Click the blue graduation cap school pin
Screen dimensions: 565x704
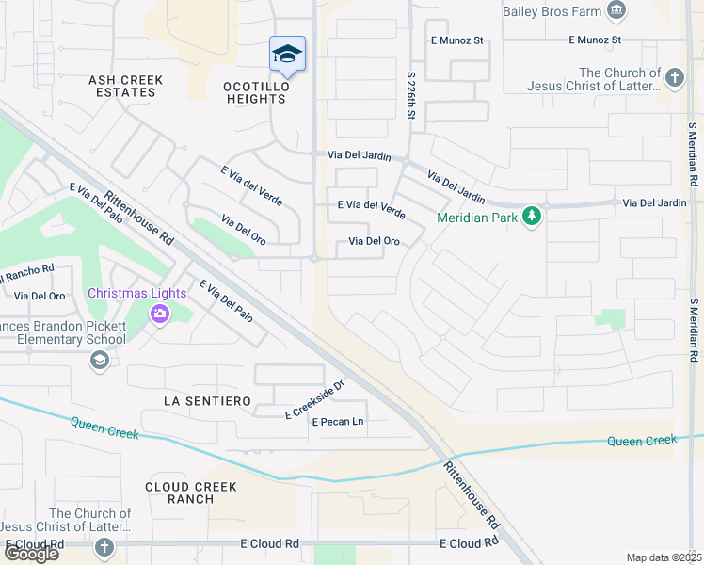pyautogui.click(x=287, y=54)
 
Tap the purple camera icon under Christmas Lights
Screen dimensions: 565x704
pyautogui.click(x=159, y=313)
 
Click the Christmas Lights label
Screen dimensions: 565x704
pyautogui.click(x=136, y=293)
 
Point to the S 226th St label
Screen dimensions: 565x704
pyautogui.click(x=411, y=93)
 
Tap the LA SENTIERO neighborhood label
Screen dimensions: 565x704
pyautogui.click(x=207, y=401)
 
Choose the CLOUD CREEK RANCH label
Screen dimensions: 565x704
pyautogui.click(x=191, y=492)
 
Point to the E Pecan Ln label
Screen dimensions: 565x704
pyautogui.click(x=337, y=422)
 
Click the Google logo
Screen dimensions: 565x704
pyautogui.click(x=31, y=554)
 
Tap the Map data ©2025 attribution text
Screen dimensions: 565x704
pyautogui.click(x=664, y=557)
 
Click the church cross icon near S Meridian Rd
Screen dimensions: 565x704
pyautogui.click(x=674, y=78)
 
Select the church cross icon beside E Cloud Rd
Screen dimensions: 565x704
pyautogui.click(x=104, y=547)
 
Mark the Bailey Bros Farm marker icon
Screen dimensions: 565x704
pyautogui.click(x=616, y=11)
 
